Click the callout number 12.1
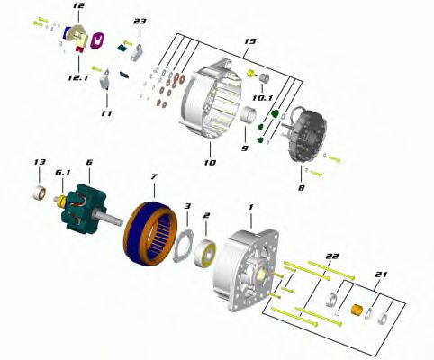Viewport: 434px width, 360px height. tap(78, 78)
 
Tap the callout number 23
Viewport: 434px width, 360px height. tap(140, 22)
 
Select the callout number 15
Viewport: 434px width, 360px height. tap(249, 41)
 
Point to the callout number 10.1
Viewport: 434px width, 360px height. tap(262, 98)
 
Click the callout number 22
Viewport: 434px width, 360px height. tap(332, 256)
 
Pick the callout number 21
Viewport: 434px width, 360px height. tap(381, 274)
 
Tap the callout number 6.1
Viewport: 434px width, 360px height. tap(62, 173)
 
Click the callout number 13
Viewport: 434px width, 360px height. tap(40, 162)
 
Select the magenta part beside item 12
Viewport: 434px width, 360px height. tap(97, 40)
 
